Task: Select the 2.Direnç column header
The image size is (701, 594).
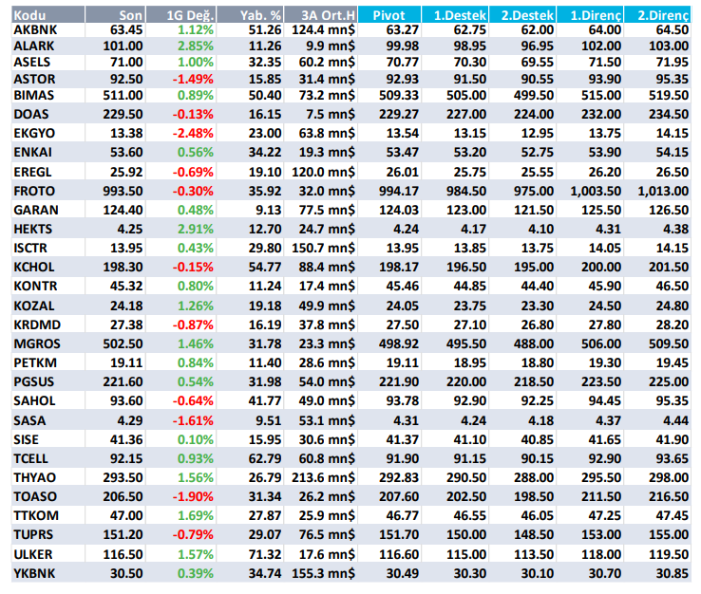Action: tap(663, 15)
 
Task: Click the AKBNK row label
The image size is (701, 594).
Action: tap(36, 30)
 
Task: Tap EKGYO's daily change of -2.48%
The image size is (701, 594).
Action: tap(194, 132)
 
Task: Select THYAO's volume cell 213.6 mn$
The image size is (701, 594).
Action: tap(320, 477)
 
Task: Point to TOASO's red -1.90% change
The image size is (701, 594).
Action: tap(194, 496)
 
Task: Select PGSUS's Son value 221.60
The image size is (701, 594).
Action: tap(124, 381)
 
